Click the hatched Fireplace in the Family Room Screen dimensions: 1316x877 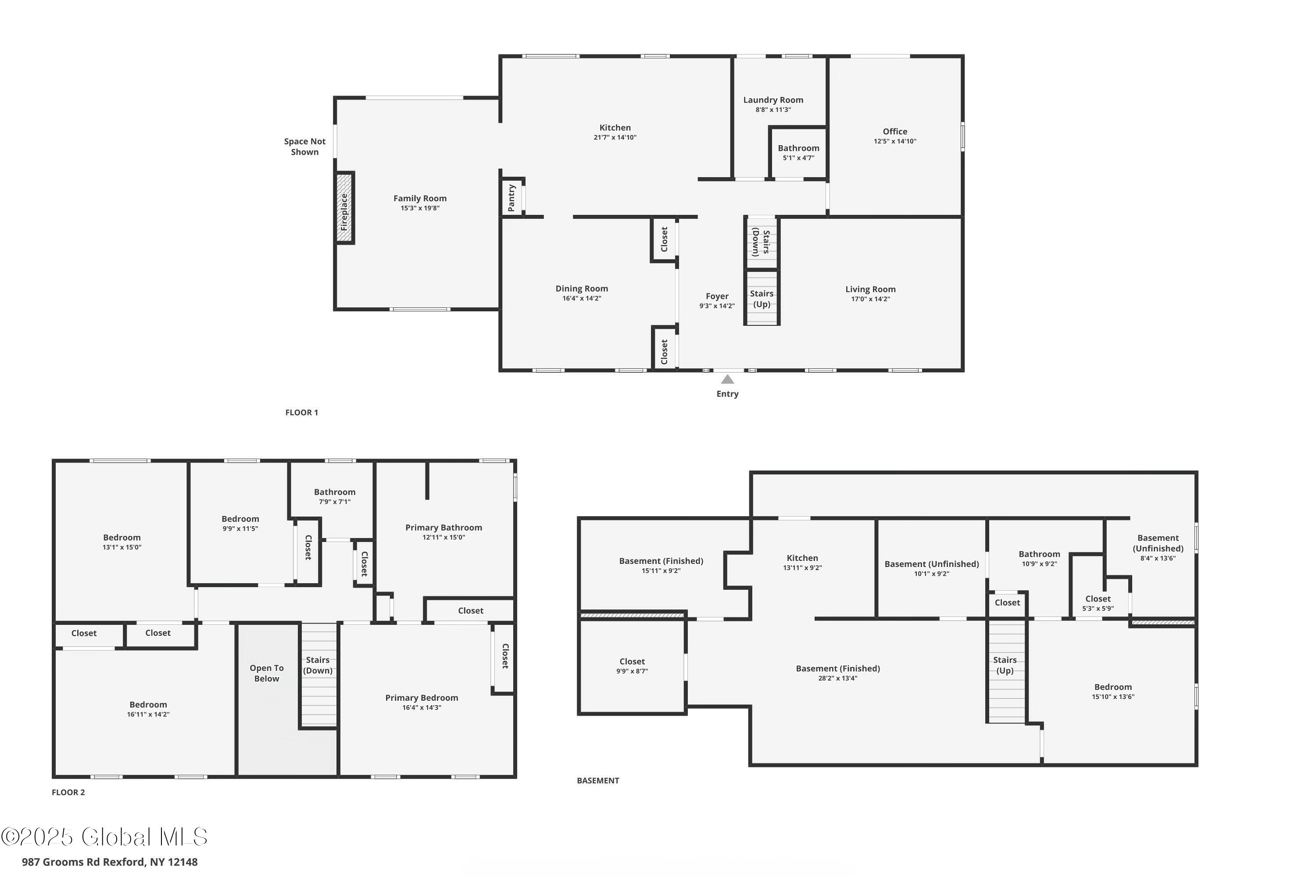pos(345,207)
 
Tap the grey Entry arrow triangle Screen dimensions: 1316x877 pos(727,379)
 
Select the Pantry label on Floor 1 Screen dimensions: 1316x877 pos(511,198)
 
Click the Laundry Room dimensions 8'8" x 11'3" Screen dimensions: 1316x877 pos(773,110)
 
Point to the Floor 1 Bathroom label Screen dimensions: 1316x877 pos(798,148)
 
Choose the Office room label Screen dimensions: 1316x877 pos(895,132)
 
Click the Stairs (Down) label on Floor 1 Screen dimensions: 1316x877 pos(761,242)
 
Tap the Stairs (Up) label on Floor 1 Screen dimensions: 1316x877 pos(762,299)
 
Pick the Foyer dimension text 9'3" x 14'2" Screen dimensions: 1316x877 pos(717,306)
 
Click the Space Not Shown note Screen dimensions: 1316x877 pos(304,146)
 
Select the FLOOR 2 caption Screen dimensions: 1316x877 pos(68,792)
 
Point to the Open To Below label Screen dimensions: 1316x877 pos(267,673)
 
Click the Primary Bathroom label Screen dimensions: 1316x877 pos(443,528)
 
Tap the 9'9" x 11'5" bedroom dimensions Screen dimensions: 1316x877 pos(240,528)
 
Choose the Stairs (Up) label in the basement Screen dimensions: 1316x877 pos(1005,665)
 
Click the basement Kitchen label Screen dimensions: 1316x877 pos(802,558)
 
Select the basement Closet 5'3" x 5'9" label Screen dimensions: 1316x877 pos(1098,603)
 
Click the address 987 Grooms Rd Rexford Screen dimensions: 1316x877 pos(84,862)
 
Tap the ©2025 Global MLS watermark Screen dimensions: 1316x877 pos(104,837)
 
